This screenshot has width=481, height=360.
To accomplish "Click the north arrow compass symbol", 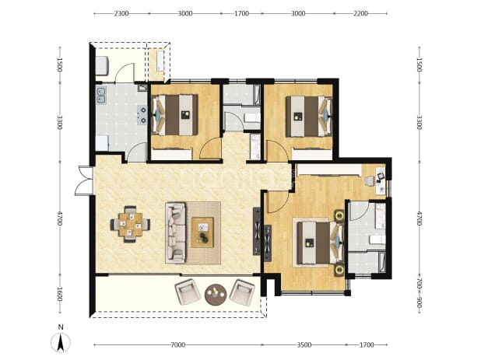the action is (x=61, y=342).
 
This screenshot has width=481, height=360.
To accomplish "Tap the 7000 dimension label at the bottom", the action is (x=178, y=345).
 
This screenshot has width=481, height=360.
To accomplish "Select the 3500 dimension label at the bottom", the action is (x=304, y=345).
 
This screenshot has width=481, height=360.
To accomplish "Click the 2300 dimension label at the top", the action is (x=121, y=13).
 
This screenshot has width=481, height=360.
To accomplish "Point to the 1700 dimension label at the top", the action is (x=241, y=13).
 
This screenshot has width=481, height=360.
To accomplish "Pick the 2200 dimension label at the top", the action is (x=360, y=13).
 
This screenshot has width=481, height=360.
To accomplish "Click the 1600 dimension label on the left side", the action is (x=60, y=294).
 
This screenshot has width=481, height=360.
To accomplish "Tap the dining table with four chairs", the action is (x=131, y=224).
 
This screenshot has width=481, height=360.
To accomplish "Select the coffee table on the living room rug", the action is (x=203, y=232).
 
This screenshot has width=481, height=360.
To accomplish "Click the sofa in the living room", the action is (x=176, y=232).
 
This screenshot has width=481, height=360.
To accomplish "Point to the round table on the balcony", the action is (x=216, y=295).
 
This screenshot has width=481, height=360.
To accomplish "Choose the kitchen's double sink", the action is (x=101, y=95).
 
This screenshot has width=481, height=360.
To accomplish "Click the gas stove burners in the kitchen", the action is (x=142, y=114).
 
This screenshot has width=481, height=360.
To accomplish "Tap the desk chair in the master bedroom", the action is (x=370, y=180).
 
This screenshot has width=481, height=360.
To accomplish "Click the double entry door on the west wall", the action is (x=83, y=180).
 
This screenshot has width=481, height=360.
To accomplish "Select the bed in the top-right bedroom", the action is (x=309, y=116).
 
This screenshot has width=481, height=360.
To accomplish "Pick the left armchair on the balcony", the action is (x=186, y=292).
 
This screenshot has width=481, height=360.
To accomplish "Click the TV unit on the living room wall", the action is (x=257, y=231).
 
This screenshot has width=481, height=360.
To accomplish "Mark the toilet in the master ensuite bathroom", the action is (x=377, y=239).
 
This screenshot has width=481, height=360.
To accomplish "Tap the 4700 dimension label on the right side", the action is (x=420, y=218).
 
